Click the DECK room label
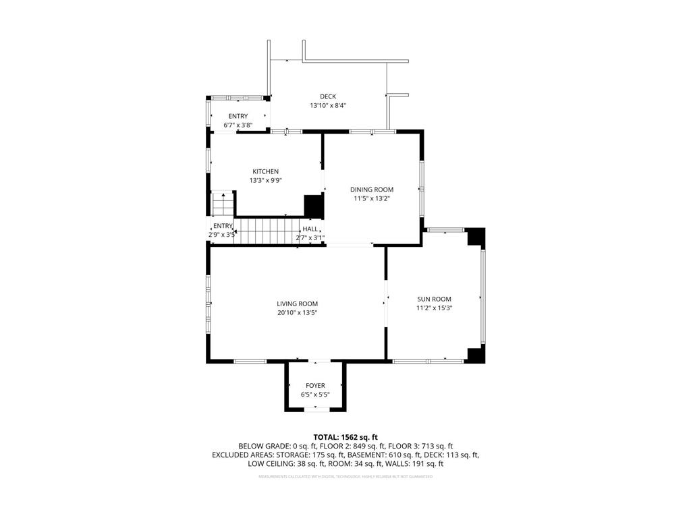point(328,96)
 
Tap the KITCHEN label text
point(265,171)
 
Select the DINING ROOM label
point(371,190)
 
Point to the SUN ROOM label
point(434,299)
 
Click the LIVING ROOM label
point(297,304)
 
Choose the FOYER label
point(315,386)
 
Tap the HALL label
point(310,229)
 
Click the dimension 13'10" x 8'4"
point(328,106)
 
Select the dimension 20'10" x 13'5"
point(297,313)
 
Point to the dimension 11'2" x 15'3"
point(434,308)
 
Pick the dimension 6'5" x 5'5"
point(315,395)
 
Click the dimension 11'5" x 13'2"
point(371,198)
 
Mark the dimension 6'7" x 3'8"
point(238,125)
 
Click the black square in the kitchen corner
point(313,206)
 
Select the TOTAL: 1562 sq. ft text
point(345,437)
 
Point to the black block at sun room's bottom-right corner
point(476,355)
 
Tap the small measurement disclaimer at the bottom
point(345,477)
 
